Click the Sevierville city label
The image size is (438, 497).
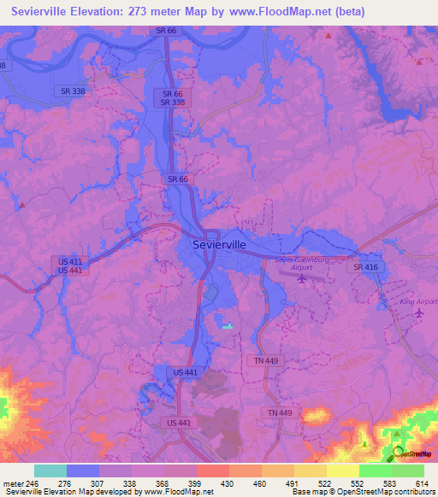220,244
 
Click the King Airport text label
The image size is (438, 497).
418,301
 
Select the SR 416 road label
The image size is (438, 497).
365,267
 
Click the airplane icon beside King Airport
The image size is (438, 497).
418,313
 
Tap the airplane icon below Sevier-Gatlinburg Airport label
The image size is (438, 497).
301,278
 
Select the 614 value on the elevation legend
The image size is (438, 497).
421,482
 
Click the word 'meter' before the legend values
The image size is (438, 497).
14,482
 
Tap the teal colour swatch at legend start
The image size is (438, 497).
50,471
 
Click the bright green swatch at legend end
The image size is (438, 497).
407,471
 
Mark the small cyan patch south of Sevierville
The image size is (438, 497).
227,325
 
